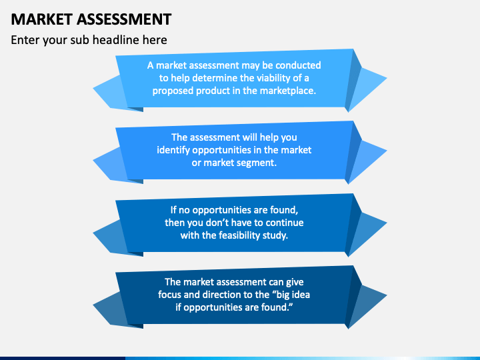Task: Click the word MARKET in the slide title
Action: (x=40, y=19)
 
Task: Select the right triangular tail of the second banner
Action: (x=368, y=160)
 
